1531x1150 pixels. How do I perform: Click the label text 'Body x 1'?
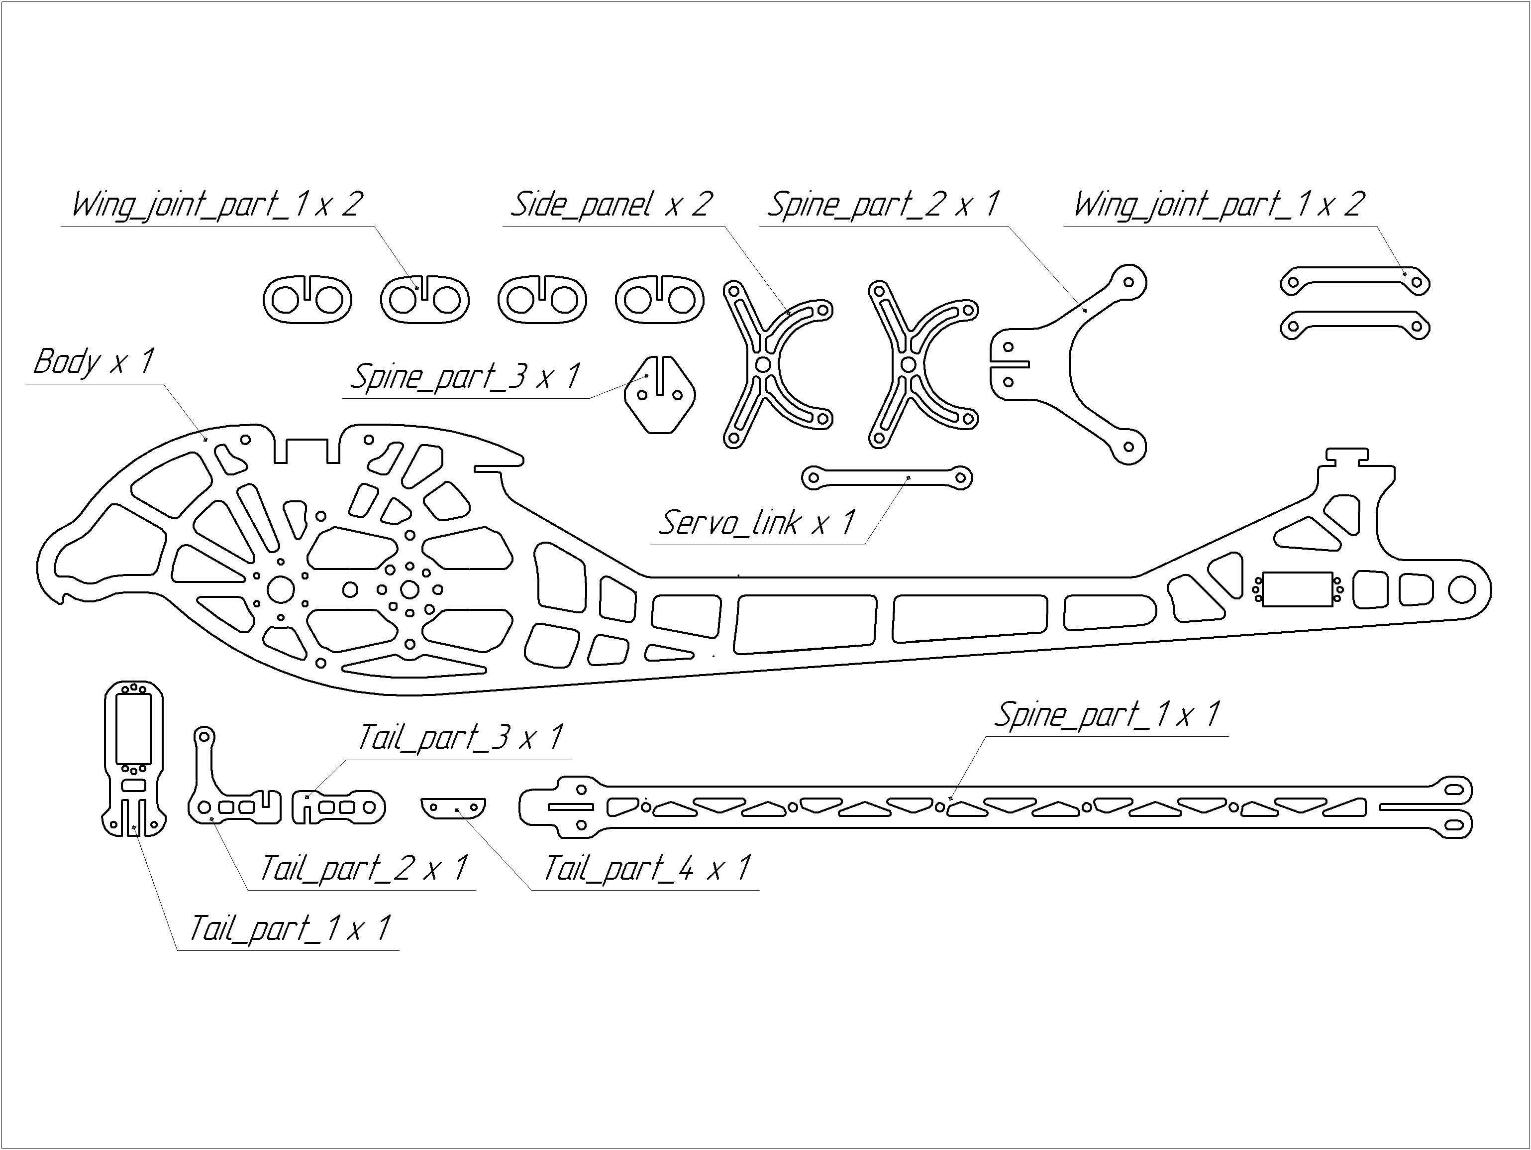click(94, 361)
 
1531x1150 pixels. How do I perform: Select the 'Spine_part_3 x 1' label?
click(465, 377)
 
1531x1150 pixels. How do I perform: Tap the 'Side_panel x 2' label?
click(611, 204)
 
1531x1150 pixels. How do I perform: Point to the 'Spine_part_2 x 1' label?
click(884, 204)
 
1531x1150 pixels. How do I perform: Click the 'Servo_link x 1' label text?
click(757, 523)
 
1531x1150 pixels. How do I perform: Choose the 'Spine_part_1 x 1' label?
click(1108, 714)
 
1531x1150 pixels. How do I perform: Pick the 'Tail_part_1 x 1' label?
click(290, 928)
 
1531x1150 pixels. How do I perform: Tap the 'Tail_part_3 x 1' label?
click(460, 738)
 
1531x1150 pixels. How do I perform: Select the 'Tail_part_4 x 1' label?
click(647, 868)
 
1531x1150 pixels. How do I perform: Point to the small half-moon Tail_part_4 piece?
click(453, 808)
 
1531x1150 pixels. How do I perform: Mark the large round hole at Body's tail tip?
click(1462, 590)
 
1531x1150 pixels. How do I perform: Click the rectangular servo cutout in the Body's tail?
click(1297, 589)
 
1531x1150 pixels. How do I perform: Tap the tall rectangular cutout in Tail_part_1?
click(133, 729)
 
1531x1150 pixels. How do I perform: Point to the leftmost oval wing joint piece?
click(307, 299)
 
